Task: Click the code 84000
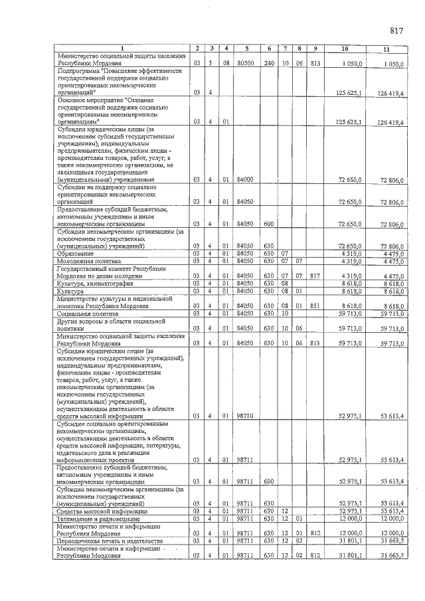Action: click(246, 179)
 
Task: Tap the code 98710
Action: click(246, 416)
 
